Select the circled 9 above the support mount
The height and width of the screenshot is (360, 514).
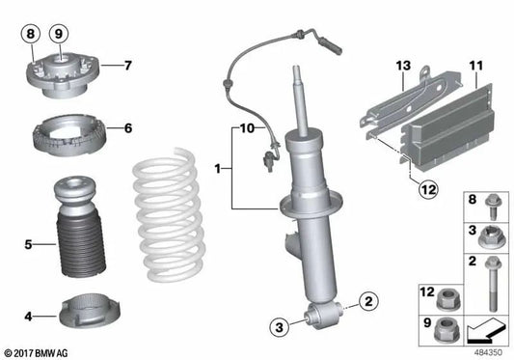58,32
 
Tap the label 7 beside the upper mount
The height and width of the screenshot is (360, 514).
126,66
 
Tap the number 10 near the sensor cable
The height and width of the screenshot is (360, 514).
245,127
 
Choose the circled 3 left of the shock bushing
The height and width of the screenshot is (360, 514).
277,328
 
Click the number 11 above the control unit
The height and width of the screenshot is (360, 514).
475,66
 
